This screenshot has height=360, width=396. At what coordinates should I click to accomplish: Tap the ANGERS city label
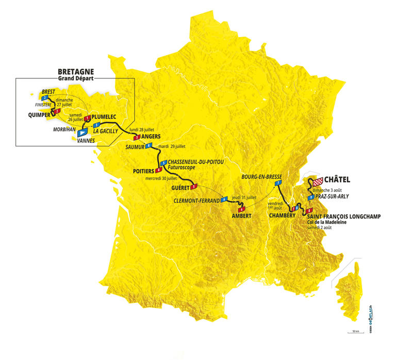pos(152,137)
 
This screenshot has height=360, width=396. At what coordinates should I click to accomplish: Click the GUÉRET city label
pos(180,188)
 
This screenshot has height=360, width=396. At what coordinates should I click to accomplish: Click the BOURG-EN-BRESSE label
pos(265,176)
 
